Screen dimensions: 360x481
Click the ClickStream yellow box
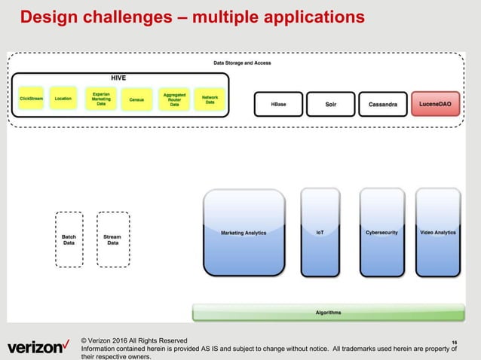tap(31, 99)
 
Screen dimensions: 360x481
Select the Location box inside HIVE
tap(64, 99)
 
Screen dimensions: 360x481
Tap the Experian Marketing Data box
tap(101, 99)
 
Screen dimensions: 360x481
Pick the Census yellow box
tap(136, 99)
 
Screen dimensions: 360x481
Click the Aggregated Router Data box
tap(174, 99)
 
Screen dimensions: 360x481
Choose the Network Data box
tap(210, 99)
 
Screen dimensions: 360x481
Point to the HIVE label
tap(118, 78)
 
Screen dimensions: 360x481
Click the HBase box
tap(278, 104)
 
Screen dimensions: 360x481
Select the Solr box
tap(330, 104)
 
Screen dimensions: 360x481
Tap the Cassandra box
tap(382, 104)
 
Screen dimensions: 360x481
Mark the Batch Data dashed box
tap(69, 239)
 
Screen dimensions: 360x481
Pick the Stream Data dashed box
tap(112, 239)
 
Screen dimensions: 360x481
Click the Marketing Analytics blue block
tap(244, 233)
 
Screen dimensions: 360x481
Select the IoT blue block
tap(320, 233)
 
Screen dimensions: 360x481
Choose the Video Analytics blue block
tap(437, 233)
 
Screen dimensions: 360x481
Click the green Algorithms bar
tap(327, 312)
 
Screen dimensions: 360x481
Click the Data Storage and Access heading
tap(242, 63)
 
